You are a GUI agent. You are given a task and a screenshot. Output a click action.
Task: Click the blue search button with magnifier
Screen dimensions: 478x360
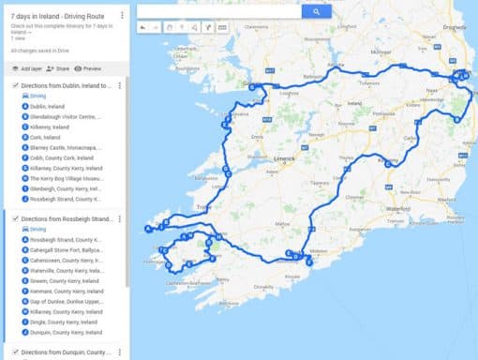(x=316, y=12)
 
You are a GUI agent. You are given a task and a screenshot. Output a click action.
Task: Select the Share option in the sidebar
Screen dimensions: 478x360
(x=58, y=68)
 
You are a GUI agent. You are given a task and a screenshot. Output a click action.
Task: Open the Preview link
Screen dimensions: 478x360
(x=89, y=68)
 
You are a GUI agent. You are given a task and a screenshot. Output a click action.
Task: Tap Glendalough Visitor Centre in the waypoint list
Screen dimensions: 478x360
(x=64, y=116)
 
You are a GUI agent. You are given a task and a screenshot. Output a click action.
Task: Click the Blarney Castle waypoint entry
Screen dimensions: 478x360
(x=65, y=147)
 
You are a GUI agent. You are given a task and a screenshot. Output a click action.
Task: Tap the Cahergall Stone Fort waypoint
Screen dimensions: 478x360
(x=65, y=249)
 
